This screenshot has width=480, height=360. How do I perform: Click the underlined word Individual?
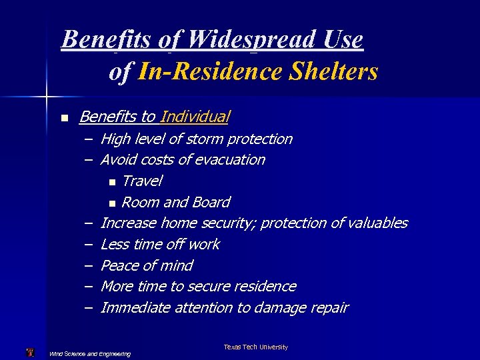click(195, 117)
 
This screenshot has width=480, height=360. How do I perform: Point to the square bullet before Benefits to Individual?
click(64, 118)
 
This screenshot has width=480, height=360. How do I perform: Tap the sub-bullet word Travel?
click(142, 181)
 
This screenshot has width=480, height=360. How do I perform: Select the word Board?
click(211, 202)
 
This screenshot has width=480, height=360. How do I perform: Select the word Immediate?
click(135, 308)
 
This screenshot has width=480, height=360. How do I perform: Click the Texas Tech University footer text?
click(255, 347)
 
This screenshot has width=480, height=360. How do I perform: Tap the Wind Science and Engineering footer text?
click(90, 353)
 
